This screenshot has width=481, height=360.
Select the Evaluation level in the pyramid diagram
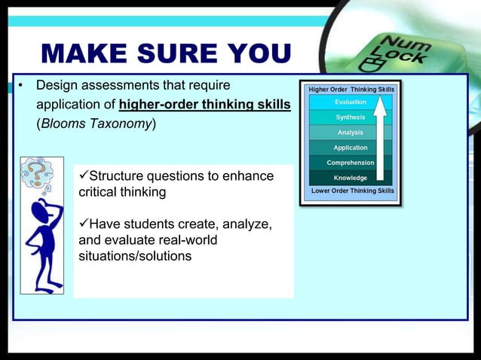pos(351,102)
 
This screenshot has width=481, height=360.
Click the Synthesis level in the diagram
pos(351,117)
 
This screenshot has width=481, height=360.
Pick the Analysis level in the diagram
pos(351,133)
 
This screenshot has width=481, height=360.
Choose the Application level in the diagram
pos(351,148)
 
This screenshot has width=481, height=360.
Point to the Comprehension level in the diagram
pos(350,163)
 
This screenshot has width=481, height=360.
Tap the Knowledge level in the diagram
pos(351,178)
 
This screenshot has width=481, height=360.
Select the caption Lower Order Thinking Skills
pos(352,191)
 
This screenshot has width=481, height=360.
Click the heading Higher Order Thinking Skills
pos(351,90)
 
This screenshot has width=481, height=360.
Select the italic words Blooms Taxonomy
pos(97,124)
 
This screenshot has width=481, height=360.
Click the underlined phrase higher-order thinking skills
pos(204,104)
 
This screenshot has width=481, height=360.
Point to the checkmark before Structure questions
pos(84,176)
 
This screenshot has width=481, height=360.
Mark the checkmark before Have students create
pos(84,224)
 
